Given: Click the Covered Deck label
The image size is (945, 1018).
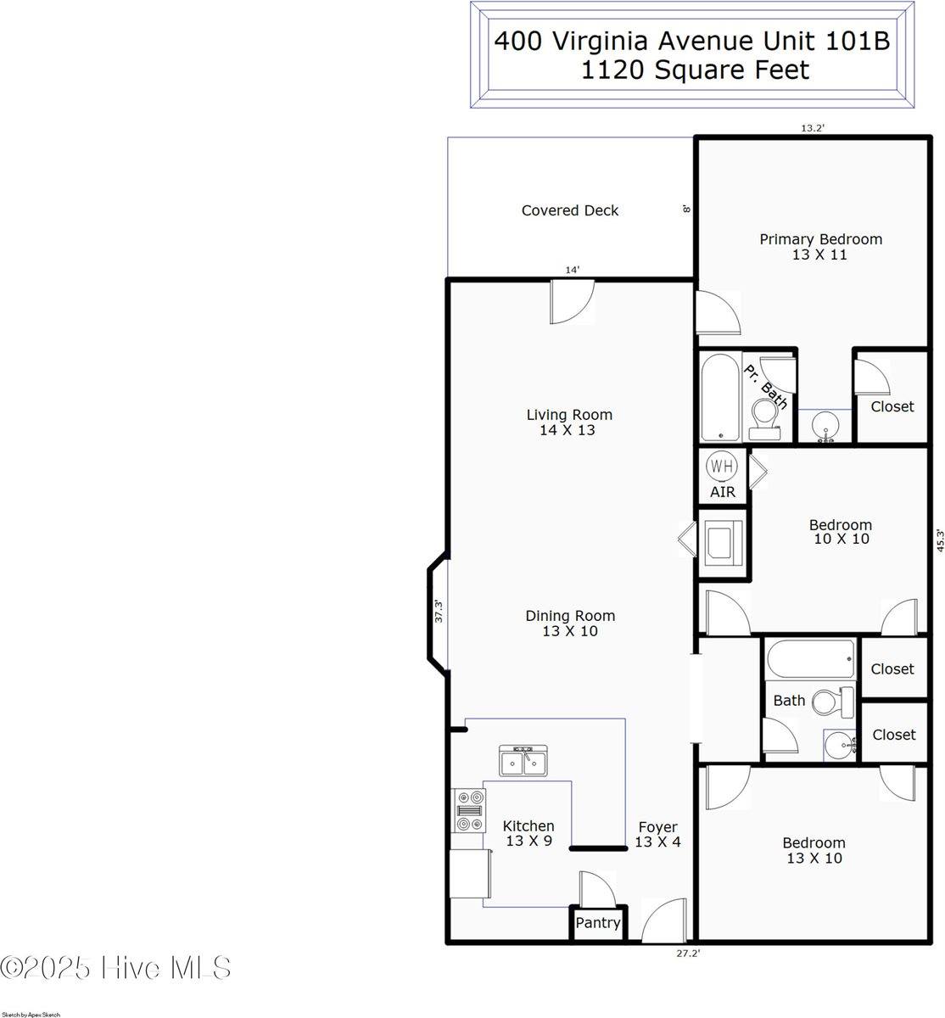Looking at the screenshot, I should pos(570,210).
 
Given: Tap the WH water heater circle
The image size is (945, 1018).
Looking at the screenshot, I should pos(721,466).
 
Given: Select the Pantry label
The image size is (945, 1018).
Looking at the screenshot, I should pos(598,923).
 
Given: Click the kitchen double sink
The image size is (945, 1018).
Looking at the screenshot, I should pos(523,761).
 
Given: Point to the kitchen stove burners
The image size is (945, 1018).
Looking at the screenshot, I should pos(469,810).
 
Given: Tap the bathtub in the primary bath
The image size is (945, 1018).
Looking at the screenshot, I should pos(721,398).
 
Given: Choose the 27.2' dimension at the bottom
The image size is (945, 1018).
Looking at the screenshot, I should pos(687,953).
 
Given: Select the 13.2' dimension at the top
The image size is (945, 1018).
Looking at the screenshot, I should pos(813,128).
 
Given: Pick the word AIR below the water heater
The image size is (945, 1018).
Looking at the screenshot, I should pos(723,492).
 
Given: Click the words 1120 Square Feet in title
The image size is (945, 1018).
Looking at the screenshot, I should pos(695,70).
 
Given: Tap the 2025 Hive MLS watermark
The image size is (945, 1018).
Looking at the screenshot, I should pos(116,968).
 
